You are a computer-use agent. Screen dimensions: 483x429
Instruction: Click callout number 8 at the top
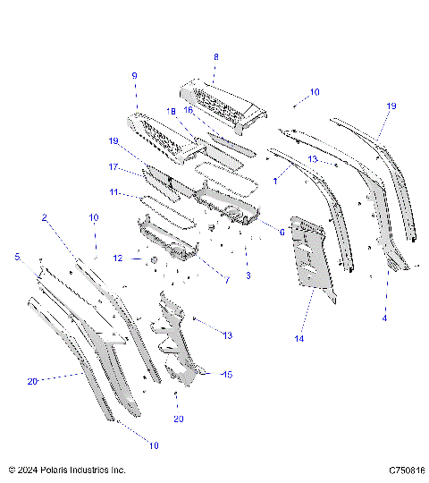pos(214,56)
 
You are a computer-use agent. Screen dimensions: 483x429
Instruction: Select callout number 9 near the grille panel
pos(135,76)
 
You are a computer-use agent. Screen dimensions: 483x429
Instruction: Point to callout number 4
pos(385,317)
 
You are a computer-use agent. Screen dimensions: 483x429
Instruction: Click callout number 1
pos(275,181)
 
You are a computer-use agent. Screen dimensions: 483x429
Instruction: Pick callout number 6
pos(282,233)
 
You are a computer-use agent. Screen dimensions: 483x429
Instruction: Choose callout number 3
pos(248,275)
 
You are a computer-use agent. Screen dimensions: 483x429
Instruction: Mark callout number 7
pos(227,280)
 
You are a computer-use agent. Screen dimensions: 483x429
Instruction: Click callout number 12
pos(118,258)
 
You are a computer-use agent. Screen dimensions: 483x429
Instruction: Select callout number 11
pos(114,191)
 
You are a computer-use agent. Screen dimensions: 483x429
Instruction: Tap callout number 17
pos(114,166)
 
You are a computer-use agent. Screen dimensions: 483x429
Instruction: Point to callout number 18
pos(170,112)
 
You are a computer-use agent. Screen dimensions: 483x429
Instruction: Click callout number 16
pos(189,110)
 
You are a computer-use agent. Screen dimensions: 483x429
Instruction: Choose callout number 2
pos(44,218)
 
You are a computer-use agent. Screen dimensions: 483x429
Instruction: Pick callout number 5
pos(16,257)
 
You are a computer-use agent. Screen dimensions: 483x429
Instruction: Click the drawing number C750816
pos(406,470)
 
